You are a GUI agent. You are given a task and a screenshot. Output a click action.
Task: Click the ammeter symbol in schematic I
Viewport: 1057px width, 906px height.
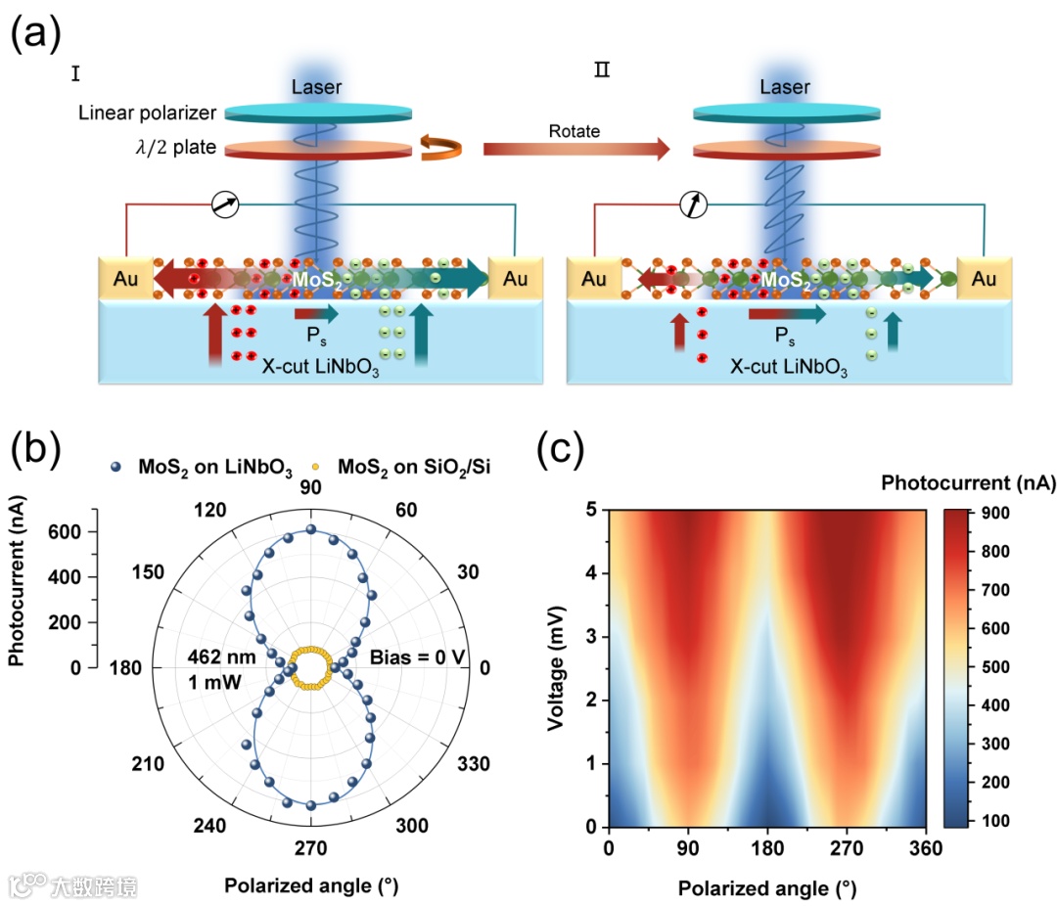(x=224, y=205)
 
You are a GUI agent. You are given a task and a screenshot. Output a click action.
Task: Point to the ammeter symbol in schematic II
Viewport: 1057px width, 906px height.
(x=693, y=205)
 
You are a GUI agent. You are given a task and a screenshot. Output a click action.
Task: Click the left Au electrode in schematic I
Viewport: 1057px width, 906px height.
(x=125, y=280)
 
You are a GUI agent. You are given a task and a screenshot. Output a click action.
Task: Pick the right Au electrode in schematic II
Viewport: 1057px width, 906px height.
(x=985, y=280)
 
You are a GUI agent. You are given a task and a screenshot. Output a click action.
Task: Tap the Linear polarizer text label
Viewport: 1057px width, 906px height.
(x=148, y=113)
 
